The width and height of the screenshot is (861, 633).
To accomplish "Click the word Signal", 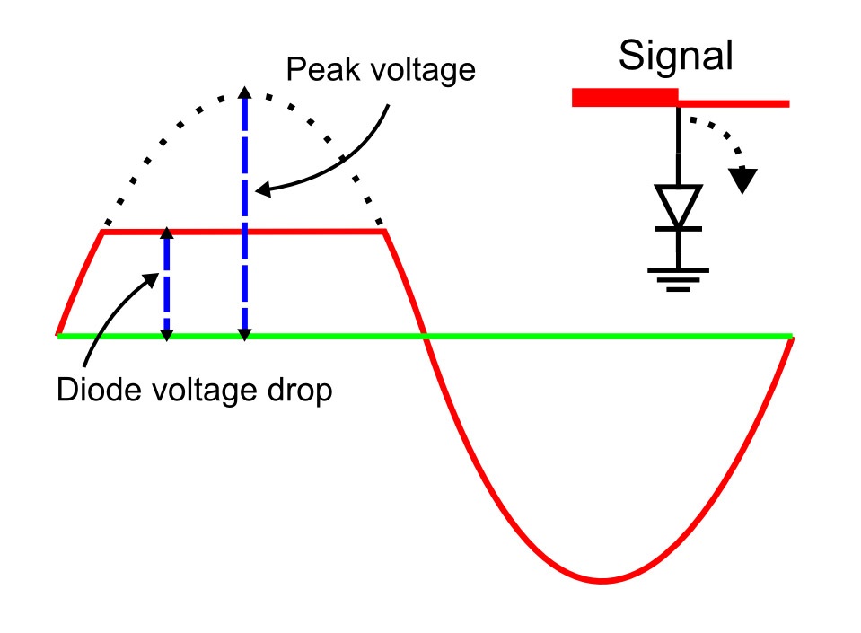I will [x=676, y=57].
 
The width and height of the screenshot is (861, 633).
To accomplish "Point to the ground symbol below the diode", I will [x=678, y=278].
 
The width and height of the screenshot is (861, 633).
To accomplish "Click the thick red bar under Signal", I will [x=624, y=98].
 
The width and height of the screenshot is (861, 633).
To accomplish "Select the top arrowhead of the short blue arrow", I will [x=166, y=234].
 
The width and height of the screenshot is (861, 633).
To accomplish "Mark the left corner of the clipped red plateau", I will [x=104, y=233].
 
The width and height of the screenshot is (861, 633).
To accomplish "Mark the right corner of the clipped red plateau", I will [x=384, y=233].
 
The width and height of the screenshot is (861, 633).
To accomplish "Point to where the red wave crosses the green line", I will [x=427, y=337].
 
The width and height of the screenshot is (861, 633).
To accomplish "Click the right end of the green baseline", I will [x=791, y=337].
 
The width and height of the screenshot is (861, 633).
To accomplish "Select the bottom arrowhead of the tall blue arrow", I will [x=243, y=335].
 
